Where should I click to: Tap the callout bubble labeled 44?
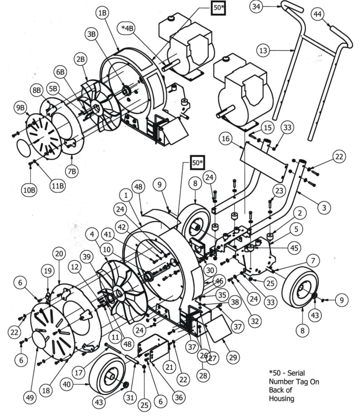pyautogui.click(x=318, y=14)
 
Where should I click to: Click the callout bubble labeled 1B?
pyautogui.click(x=102, y=13)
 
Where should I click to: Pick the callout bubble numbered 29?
pyautogui.click(x=233, y=357)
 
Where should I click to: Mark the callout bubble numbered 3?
pyautogui.click(x=324, y=208)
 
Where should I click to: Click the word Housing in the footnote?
pyautogui.click(x=281, y=399)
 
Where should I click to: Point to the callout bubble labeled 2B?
pyautogui.click(x=81, y=59)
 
